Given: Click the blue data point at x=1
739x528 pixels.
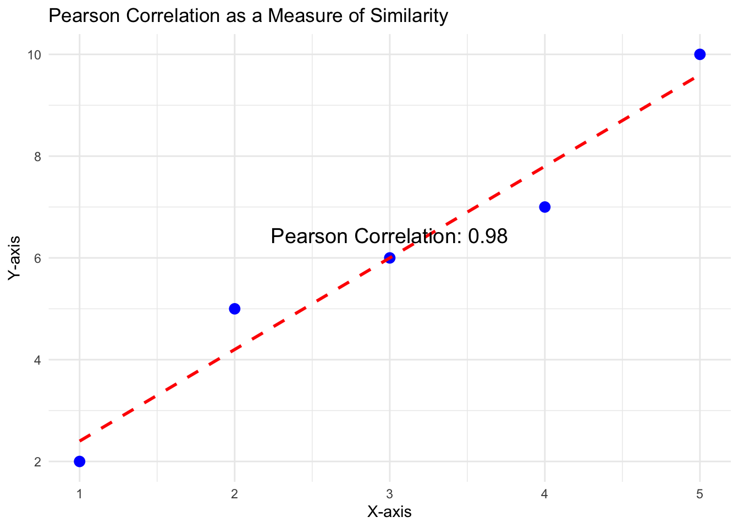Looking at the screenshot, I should point(80,461).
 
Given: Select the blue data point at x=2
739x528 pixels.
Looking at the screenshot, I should point(235,309).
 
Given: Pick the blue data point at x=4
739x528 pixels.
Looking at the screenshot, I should point(545,207).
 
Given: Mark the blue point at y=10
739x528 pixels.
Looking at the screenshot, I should point(700,54).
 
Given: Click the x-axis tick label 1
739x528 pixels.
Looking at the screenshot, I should point(80,494).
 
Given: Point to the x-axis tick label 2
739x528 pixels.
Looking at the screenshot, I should point(235,494).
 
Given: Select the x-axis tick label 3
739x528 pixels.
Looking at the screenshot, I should point(390,494).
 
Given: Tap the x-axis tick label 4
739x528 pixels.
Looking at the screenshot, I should point(545,494).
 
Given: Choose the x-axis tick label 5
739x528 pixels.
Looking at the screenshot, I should point(700,494).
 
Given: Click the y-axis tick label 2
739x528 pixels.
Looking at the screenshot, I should point(37,461).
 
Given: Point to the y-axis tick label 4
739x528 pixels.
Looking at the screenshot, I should point(37,360).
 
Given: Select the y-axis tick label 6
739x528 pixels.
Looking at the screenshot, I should point(37,258).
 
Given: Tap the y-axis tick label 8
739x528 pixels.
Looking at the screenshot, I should point(37,156).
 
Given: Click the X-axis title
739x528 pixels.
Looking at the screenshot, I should point(389,512).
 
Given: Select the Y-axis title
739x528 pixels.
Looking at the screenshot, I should point(15,258).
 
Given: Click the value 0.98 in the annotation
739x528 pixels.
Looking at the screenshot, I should point(488,237).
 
